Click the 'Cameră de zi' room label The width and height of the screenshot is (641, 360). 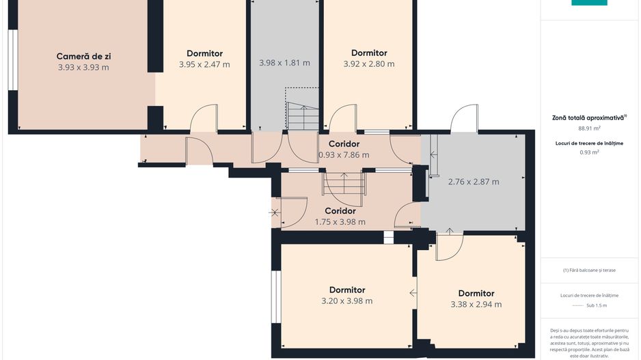pos(83,57)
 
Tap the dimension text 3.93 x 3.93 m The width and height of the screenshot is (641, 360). pos(83,68)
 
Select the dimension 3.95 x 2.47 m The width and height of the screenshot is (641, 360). pos(204,65)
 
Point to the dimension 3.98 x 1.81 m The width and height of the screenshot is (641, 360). pos(284,63)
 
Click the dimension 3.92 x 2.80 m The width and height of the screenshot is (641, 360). pos(369,64)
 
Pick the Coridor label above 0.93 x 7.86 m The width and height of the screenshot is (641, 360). pos(344,144)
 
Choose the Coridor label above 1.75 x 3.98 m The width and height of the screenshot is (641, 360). pos(340,211)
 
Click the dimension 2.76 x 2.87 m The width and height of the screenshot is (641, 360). pos(474,182)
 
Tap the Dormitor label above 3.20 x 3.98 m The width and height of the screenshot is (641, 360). pos(347,290)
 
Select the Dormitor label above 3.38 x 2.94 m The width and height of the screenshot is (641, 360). pos(476,293)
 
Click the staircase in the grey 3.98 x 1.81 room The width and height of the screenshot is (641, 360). pos(303,116)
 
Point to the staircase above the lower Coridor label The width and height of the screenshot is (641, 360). pos(344,184)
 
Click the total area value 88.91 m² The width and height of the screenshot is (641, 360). pos(589,128)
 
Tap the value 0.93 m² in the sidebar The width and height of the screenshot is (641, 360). pos(589,152)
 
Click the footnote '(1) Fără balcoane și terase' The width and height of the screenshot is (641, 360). pos(589,270)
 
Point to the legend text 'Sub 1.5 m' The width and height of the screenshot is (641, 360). pos(597,305)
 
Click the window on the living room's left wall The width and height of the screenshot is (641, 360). pos(13,59)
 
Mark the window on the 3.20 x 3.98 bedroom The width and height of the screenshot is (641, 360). pos(277,296)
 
